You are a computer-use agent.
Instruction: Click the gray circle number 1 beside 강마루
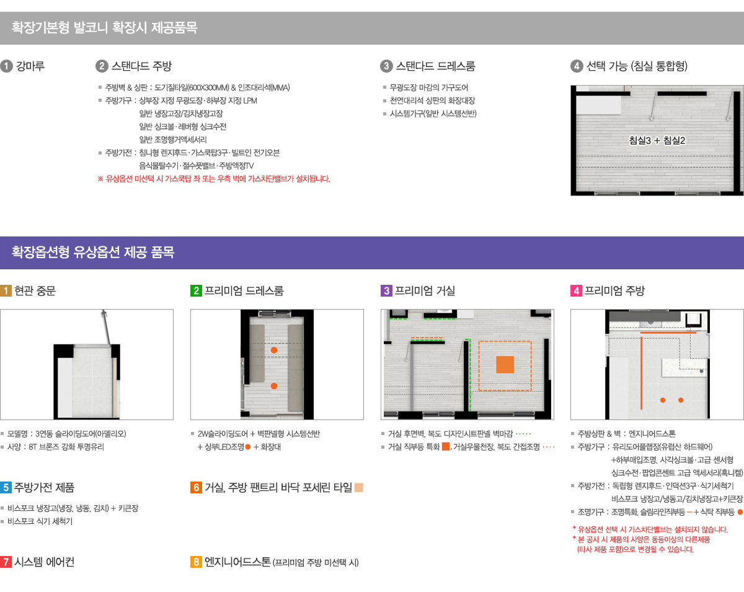click(x=6, y=66)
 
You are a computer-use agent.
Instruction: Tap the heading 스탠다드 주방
click(x=141, y=66)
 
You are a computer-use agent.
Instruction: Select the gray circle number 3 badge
click(x=386, y=66)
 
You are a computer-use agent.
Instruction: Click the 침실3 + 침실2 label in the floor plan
click(x=657, y=140)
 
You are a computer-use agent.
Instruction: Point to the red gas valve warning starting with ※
click(x=214, y=179)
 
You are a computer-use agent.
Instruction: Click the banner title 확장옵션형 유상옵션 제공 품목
click(x=93, y=252)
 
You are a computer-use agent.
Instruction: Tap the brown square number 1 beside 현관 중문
click(x=6, y=290)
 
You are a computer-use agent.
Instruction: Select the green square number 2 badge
click(x=196, y=290)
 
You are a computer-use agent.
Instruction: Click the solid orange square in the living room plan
click(x=505, y=365)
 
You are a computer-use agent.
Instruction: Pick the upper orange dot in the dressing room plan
click(x=274, y=350)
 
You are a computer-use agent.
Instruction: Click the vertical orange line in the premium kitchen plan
click(x=641, y=373)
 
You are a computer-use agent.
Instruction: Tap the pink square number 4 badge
click(x=576, y=290)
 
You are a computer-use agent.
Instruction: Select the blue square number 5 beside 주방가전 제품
click(x=6, y=488)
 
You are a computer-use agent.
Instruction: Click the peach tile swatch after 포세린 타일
click(x=359, y=488)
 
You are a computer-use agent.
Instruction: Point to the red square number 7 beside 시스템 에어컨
click(x=6, y=562)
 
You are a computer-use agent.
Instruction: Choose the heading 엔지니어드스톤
click(x=237, y=562)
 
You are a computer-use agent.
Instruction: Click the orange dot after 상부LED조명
click(x=247, y=447)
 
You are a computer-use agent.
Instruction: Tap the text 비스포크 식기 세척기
click(x=40, y=521)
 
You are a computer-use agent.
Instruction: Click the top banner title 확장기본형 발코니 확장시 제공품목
click(x=104, y=27)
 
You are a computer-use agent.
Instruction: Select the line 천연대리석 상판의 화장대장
click(x=433, y=101)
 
